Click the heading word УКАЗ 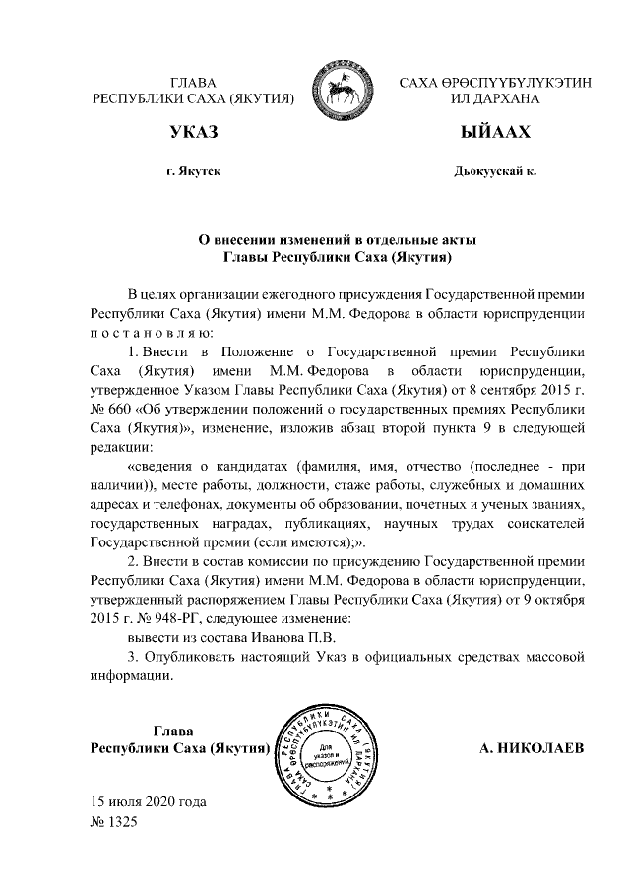(194, 132)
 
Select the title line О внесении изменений (338, 239)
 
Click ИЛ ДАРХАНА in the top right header (495, 98)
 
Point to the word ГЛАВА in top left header (194, 81)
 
